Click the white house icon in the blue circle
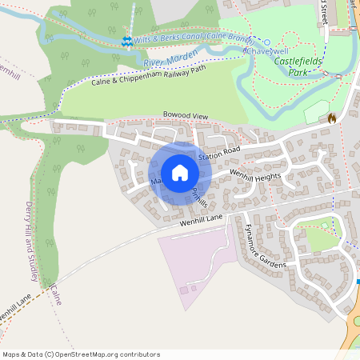(179, 173)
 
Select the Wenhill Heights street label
(255, 174)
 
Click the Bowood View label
(185, 117)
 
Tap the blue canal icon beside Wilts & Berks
(126, 41)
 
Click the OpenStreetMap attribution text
(81, 354)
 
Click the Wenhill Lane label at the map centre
(201, 218)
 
